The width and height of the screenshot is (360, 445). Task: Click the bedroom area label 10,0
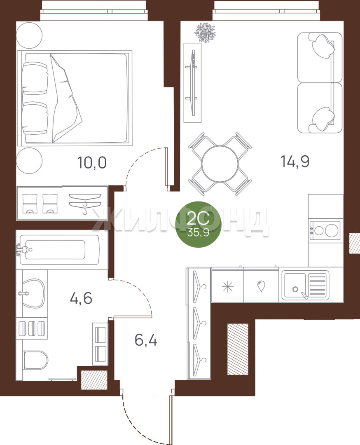click(x=92, y=163)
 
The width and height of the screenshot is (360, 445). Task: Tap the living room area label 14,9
click(x=295, y=162)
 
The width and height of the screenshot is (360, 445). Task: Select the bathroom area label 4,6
click(x=81, y=299)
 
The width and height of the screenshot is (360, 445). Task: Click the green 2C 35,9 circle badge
click(x=198, y=224)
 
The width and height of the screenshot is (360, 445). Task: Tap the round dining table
click(x=220, y=164)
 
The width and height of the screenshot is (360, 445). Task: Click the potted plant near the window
click(x=205, y=33)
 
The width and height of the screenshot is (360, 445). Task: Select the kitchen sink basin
click(x=295, y=286)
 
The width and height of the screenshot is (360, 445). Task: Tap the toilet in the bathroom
click(x=35, y=361)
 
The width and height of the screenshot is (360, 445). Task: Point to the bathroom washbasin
click(x=33, y=293)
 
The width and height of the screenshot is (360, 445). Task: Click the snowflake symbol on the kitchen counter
click(x=227, y=287)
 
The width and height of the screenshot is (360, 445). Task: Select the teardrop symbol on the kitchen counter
click(x=261, y=286)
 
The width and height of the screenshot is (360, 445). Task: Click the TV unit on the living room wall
click(x=193, y=82)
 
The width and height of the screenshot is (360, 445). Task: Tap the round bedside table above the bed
click(x=29, y=35)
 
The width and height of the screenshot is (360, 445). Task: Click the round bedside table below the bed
click(x=29, y=160)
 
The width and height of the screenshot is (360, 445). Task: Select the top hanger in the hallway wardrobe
click(x=199, y=287)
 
